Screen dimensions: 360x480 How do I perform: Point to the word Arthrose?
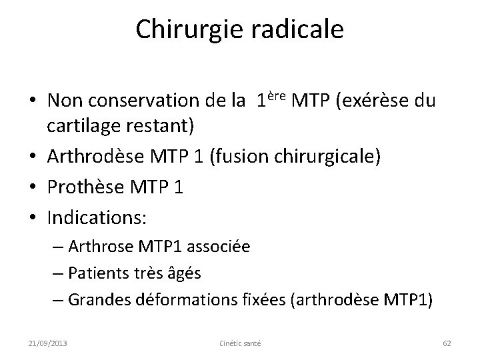[x=95, y=247]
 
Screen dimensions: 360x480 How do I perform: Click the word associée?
[x=219, y=247]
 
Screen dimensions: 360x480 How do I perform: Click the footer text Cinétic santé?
[x=240, y=343]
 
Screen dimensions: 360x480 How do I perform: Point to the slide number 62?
[x=447, y=343]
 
